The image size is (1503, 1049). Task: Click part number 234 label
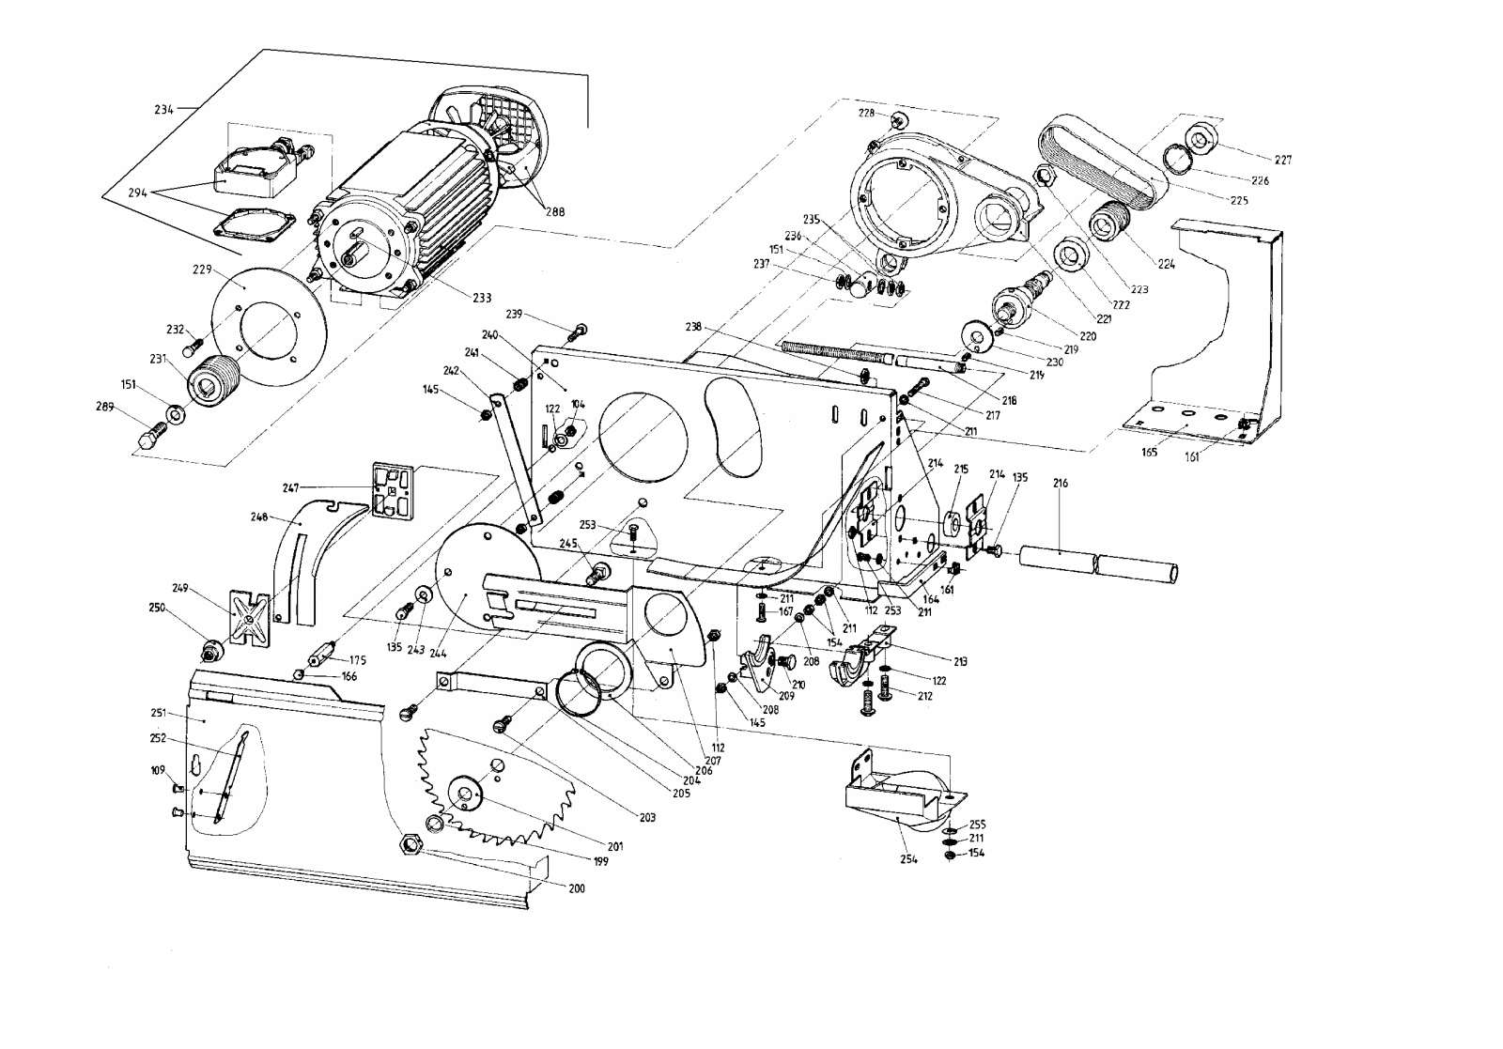point(164,109)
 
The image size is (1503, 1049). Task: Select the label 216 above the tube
point(1060,484)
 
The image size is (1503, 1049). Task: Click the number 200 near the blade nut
point(577,887)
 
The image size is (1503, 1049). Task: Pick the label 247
point(290,487)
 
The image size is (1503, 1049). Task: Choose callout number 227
point(1283,160)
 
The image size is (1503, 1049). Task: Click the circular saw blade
point(507,789)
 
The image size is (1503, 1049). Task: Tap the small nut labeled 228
point(899,119)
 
